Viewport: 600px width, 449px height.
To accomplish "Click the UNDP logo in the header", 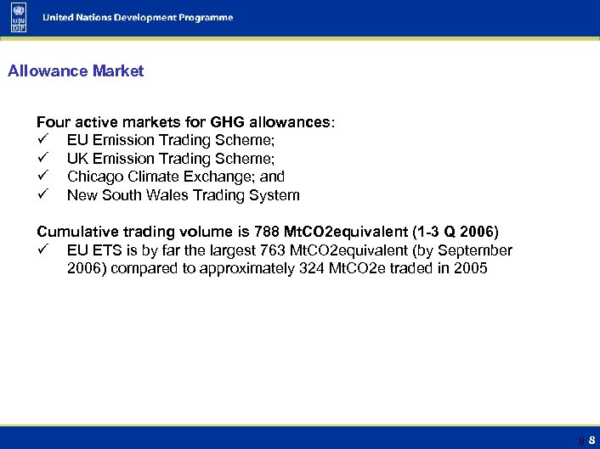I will (18, 18).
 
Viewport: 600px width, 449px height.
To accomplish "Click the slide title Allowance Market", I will (76, 71).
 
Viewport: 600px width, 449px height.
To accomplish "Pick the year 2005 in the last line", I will (471, 269).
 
